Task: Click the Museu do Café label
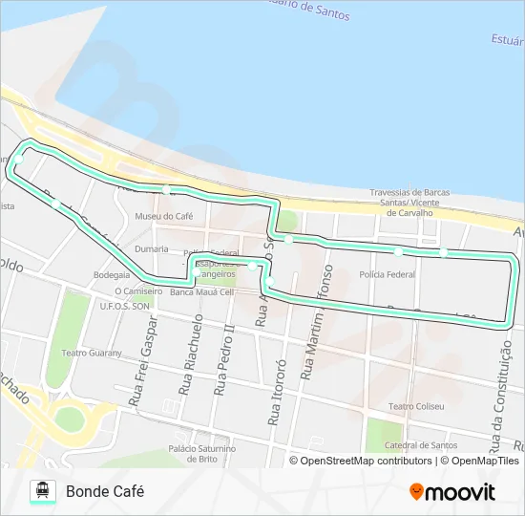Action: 164,216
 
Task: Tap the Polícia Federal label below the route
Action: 388,274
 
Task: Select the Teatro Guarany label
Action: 93,353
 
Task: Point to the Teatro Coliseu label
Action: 416,406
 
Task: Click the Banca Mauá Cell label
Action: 201,291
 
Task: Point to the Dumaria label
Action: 151,247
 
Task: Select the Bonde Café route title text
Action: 105,491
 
